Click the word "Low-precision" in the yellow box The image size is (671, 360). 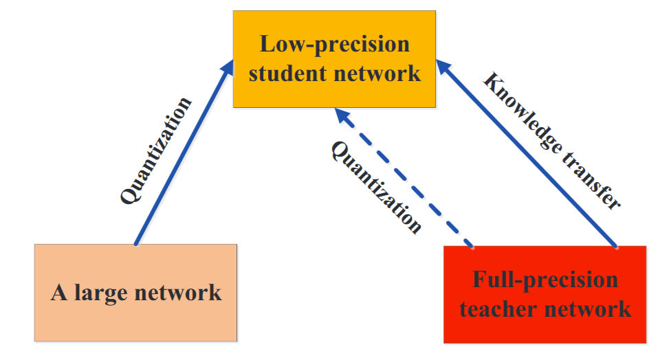[x=334, y=45]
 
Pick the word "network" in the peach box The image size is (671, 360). [x=179, y=293]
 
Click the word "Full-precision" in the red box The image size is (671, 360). [x=544, y=280]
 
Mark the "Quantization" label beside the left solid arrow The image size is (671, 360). [x=155, y=151]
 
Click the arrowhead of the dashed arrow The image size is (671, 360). [x=341, y=115]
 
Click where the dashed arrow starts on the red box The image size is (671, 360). [x=472, y=245]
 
